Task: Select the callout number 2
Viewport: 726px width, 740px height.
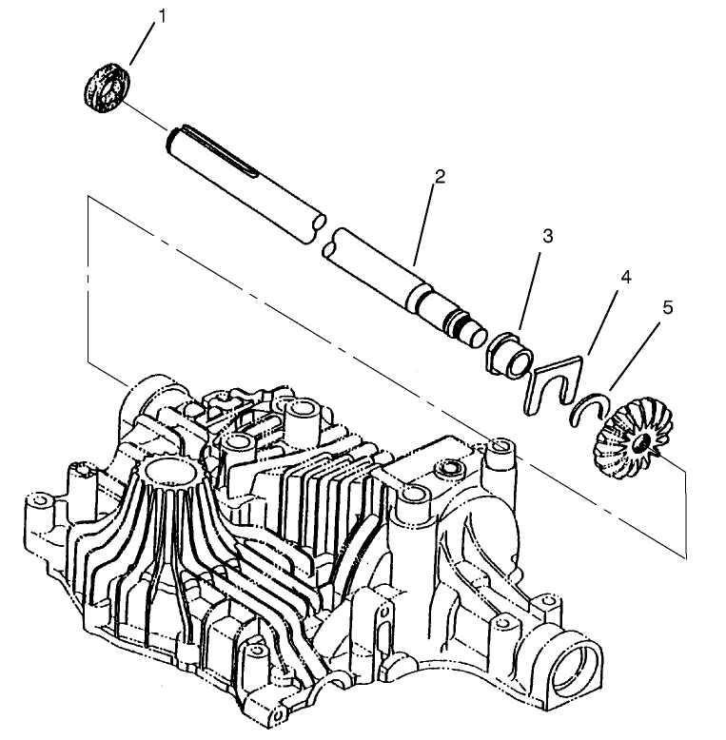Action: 439,177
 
